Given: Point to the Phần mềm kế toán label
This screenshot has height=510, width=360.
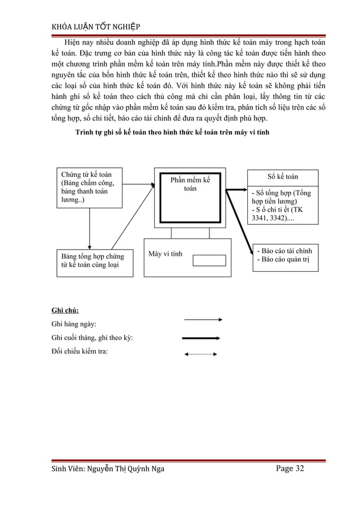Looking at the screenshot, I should pyautogui.click(x=190, y=184).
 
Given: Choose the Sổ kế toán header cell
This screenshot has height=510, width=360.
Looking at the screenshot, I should pyautogui.click(x=283, y=177).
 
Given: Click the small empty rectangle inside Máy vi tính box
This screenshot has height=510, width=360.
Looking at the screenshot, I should pyautogui.click(x=209, y=260).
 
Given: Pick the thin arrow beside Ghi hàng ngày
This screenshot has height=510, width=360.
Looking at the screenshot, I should pyautogui.click(x=203, y=320).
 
